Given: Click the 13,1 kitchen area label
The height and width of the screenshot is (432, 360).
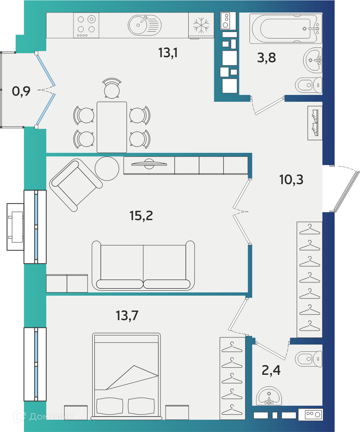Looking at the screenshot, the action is pyautogui.click(x=168, y=53).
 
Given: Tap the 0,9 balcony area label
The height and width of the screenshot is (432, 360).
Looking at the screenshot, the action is pyautogui.click(x=21, y=91).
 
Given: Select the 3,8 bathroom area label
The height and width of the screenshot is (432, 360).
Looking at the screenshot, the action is pyautogui.click(x=266, y=58).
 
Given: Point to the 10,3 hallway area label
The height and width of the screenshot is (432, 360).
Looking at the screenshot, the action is pyautogui.click(x=291, y=179).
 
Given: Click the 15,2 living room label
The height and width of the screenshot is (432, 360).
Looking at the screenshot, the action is pyautogui.click(x=141, y=215).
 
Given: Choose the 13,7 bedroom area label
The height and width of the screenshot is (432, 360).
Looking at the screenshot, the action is pyautogui.click(x=127, y=315).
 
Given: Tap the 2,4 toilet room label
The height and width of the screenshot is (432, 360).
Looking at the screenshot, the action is pyautogui.click(x=271, y=370).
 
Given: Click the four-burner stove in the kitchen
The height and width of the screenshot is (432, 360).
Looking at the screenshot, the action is pyautogui.click(x=86, y=25).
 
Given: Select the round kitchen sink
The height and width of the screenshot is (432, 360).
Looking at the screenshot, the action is pyautogui.click(x=145, y=25).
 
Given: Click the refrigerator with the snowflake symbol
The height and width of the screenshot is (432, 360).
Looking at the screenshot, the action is pyautogui.click(x=201, y=26).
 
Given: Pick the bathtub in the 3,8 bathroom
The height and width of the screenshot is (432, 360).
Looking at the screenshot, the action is pyautogui.click(x=285, y=28).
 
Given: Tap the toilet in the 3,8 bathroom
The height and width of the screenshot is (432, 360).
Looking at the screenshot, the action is pyautogui.click(x=309, y=85).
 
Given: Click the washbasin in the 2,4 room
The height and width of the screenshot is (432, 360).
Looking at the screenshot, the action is pyautogui.click(x=269, y=396).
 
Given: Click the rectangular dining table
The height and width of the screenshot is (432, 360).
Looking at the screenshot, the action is pyautogui.click(x=112, y=127).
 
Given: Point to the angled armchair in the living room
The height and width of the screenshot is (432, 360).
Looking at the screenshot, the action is pyautogui.click(x=76, y=185).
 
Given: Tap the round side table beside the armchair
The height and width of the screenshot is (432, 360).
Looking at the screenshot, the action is pyautogui.click(x=107, y=168).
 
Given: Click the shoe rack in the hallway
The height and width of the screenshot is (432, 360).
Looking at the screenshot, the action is pyautogui.click(x=315, y=123).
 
